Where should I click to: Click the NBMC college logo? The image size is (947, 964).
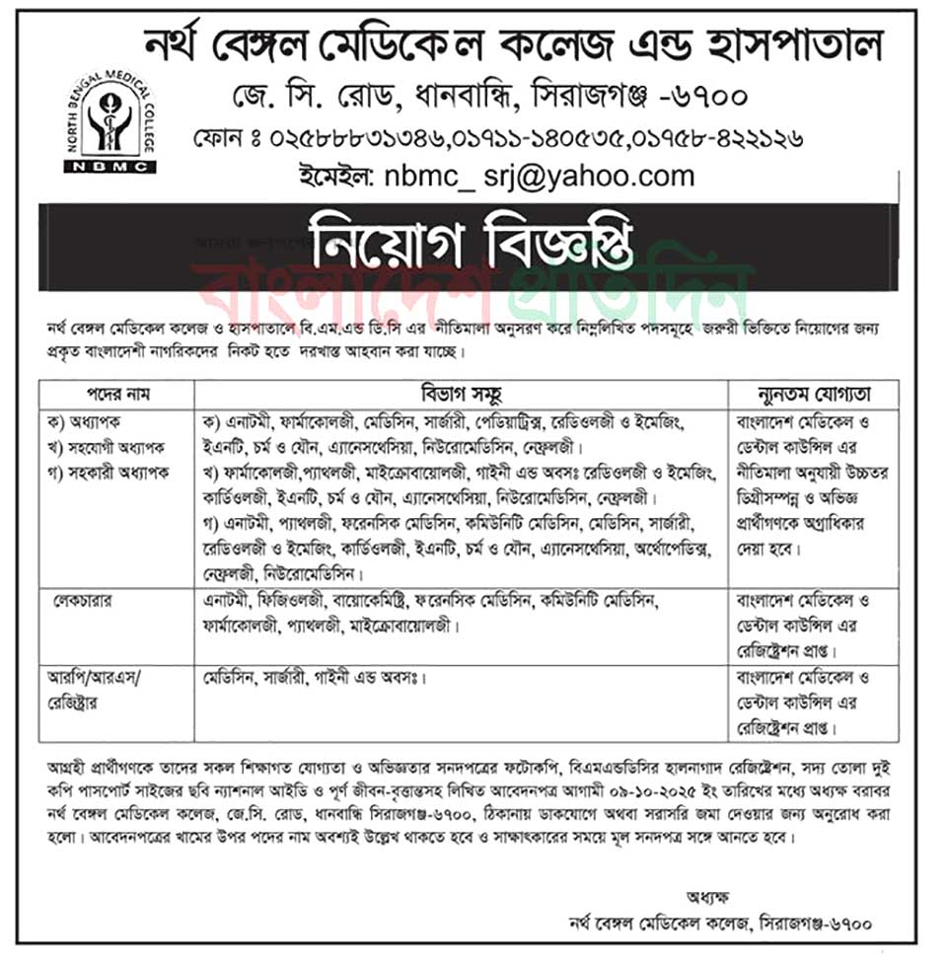tap(109, 122)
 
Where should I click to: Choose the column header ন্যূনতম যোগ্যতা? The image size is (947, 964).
tap(813, 392)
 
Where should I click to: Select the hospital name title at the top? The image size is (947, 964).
tap(513, 44)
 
